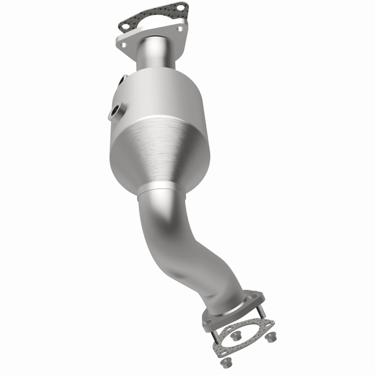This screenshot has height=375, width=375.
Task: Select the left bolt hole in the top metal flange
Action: [x=124, y=45]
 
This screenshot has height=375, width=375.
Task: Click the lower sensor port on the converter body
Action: [x=115, y=112]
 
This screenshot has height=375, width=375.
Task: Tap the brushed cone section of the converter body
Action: [x=159, y=155]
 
